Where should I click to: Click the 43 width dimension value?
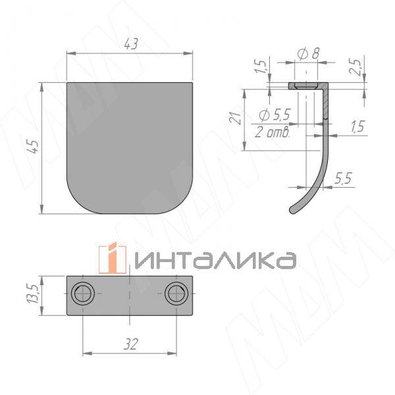(131, 45)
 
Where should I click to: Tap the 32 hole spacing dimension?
(130, 344)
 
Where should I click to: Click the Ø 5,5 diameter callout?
(275, 115)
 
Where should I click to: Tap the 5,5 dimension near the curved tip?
(342, 178)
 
